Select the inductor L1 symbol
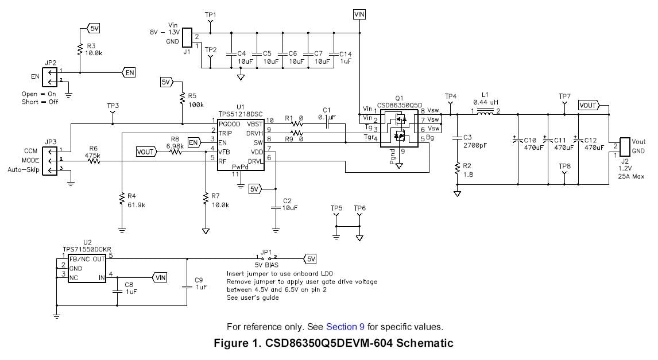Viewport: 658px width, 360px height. [486, 111]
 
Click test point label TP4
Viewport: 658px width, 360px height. [451, 96]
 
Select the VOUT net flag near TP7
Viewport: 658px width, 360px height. [589, 105]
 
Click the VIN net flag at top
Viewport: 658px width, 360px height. [359, 14]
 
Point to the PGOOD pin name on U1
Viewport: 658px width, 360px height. [230, 124]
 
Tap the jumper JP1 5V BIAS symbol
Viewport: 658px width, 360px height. [266, 258]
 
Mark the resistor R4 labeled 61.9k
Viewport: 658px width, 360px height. [122, 199]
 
